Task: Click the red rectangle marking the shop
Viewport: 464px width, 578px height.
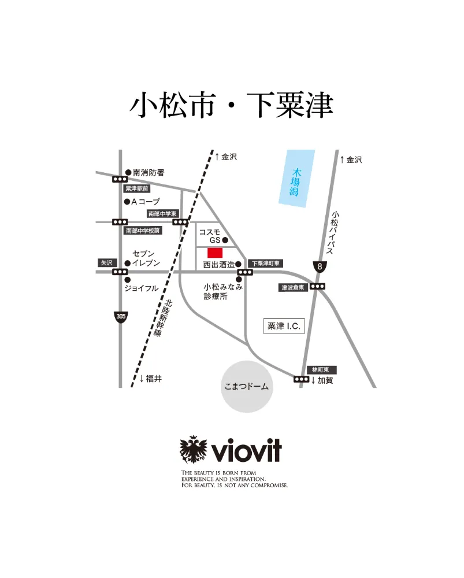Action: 215,253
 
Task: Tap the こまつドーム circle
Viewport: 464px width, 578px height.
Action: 246,387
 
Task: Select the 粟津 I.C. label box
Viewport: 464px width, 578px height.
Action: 283,326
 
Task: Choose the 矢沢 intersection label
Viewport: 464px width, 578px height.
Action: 106,262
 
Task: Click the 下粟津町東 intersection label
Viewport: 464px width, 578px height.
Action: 265,264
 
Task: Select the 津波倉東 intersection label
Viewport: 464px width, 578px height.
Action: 293,287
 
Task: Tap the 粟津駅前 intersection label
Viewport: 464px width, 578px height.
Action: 138,188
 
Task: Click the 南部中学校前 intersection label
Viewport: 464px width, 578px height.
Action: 143,230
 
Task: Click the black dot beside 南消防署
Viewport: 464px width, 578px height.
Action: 128,172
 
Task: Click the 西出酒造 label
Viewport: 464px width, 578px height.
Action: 218,265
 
